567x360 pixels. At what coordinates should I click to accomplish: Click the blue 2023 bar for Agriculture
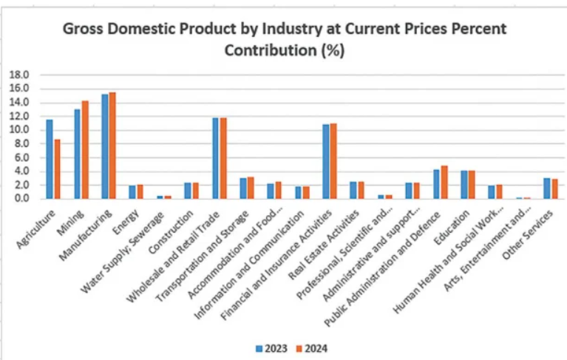tap(50, 159)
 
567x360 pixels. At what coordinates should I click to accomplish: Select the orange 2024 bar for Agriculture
tap(57, 169)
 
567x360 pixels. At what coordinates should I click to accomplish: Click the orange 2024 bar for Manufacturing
tap(112, 146)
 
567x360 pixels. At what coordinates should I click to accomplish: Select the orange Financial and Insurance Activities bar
tap(333, 160)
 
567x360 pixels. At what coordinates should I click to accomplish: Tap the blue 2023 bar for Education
tap(464, 184)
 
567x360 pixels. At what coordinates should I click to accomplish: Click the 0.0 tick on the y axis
tap(21, 199)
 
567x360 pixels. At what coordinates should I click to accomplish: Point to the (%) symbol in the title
tap(331, 51)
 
